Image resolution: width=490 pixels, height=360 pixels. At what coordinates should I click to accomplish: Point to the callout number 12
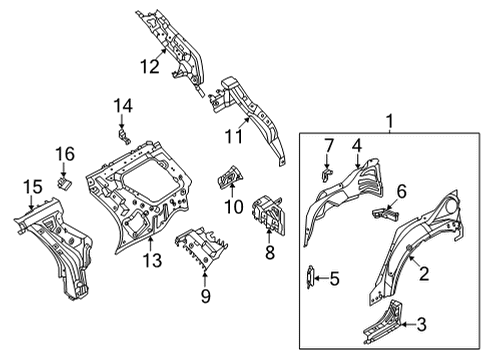click(149, 68)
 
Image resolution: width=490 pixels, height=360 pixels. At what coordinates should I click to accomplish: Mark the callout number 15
click(32, 186)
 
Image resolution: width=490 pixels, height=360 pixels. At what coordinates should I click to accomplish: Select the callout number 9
click(206, 295)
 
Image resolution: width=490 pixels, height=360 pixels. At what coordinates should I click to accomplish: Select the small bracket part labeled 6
click(385, 213)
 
